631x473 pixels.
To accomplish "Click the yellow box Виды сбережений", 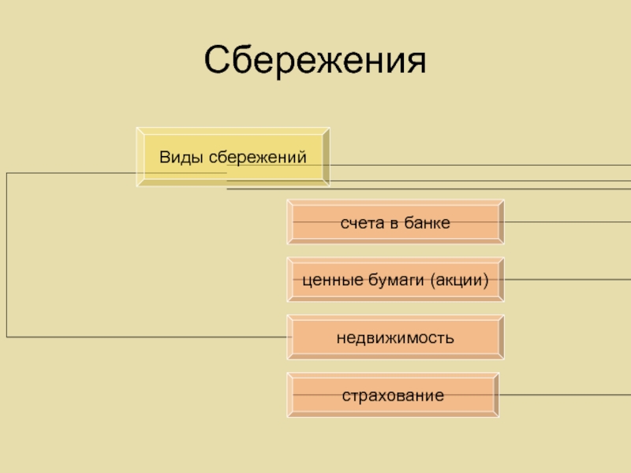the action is pos(233,157).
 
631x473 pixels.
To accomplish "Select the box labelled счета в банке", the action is pos(395,223).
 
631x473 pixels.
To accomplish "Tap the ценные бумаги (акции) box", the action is pos(395,280).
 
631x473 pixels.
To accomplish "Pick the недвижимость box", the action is pos(395,338).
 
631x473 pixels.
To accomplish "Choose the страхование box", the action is pos(393,394).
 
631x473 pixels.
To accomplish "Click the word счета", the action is pos(359,223).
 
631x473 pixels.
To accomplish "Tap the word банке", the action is pos(427,223).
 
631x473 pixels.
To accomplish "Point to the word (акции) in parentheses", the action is pos(460,280).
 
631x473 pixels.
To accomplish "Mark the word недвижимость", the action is pos(395,338).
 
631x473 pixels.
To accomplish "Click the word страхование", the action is pos(393,394).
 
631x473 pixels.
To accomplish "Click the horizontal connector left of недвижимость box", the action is pos(150,337).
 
